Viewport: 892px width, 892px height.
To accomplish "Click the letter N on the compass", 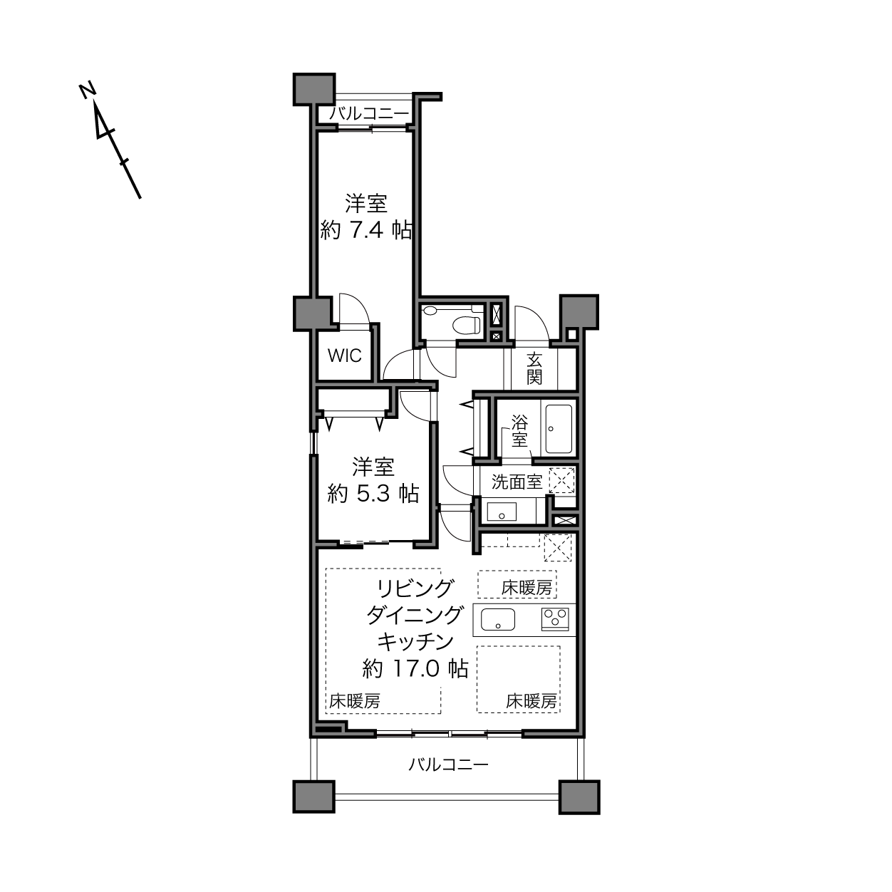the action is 87,90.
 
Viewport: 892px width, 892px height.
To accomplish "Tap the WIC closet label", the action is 344,356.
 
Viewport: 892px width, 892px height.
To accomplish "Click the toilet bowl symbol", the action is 466,324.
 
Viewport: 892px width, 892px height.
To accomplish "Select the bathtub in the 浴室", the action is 559,429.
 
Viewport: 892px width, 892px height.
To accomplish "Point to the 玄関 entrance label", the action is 534,368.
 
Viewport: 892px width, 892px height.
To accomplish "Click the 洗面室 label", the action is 517,482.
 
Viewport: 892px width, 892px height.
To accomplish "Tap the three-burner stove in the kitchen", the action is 555,619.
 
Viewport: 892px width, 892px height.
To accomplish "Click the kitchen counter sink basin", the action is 498,619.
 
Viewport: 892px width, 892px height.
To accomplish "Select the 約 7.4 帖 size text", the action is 365,230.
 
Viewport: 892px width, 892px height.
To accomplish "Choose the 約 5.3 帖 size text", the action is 373,494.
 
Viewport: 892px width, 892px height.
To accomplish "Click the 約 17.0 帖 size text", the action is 415,668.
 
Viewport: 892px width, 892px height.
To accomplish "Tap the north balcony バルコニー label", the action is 369,113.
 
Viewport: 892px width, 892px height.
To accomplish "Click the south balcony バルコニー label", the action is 448,764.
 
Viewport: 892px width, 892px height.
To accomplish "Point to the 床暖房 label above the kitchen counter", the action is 527,588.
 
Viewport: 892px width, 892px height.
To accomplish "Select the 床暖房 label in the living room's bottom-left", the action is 355,701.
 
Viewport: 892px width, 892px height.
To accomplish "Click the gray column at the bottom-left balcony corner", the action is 314,797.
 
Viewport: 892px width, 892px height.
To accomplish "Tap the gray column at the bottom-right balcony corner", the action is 579,797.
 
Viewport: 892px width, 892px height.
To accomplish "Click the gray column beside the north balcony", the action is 314,89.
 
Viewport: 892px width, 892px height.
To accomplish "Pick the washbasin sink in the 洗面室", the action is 502,512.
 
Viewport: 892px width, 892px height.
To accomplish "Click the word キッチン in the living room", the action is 415,642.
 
